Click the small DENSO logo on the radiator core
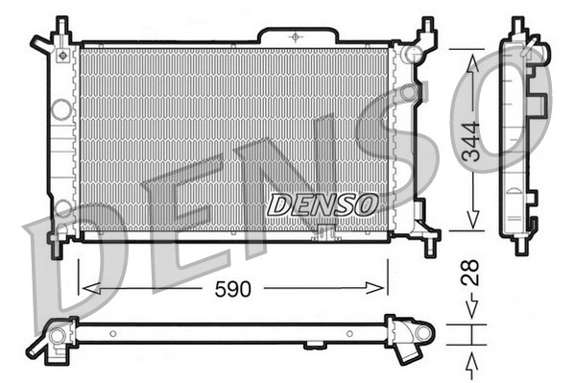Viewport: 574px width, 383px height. (x=322, y=204)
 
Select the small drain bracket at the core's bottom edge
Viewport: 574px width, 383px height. (x=323, y=230)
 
